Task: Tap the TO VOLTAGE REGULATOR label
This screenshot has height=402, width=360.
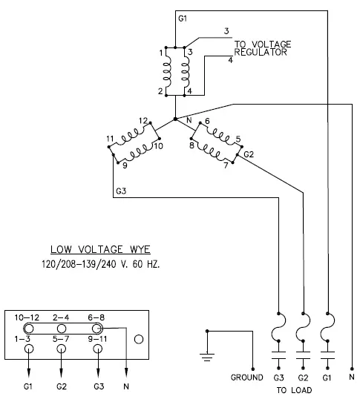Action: coord(263,48)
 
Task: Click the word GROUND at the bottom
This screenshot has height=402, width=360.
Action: coord(247,378)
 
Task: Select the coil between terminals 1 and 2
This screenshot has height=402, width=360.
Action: coord(166,71)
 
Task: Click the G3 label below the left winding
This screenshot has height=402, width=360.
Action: coord(121,191)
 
